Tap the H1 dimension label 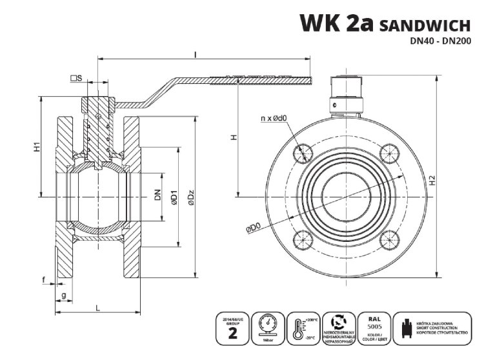pos(37,147)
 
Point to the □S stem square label pos(76,78)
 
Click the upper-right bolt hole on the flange pos(388,152)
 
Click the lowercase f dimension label pos(43,279)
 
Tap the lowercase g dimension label pos(63,295)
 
